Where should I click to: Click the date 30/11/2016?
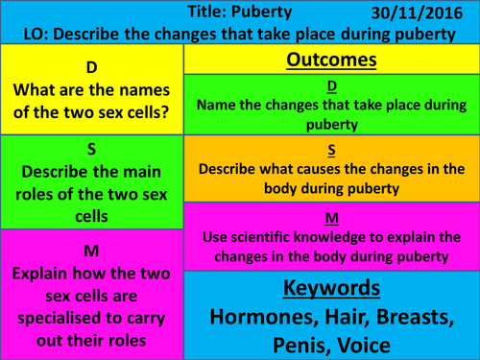[421, 12]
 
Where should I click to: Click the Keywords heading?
[331, 289]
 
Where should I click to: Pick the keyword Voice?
[374, 345]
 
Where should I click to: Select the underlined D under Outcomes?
[331, 87]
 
